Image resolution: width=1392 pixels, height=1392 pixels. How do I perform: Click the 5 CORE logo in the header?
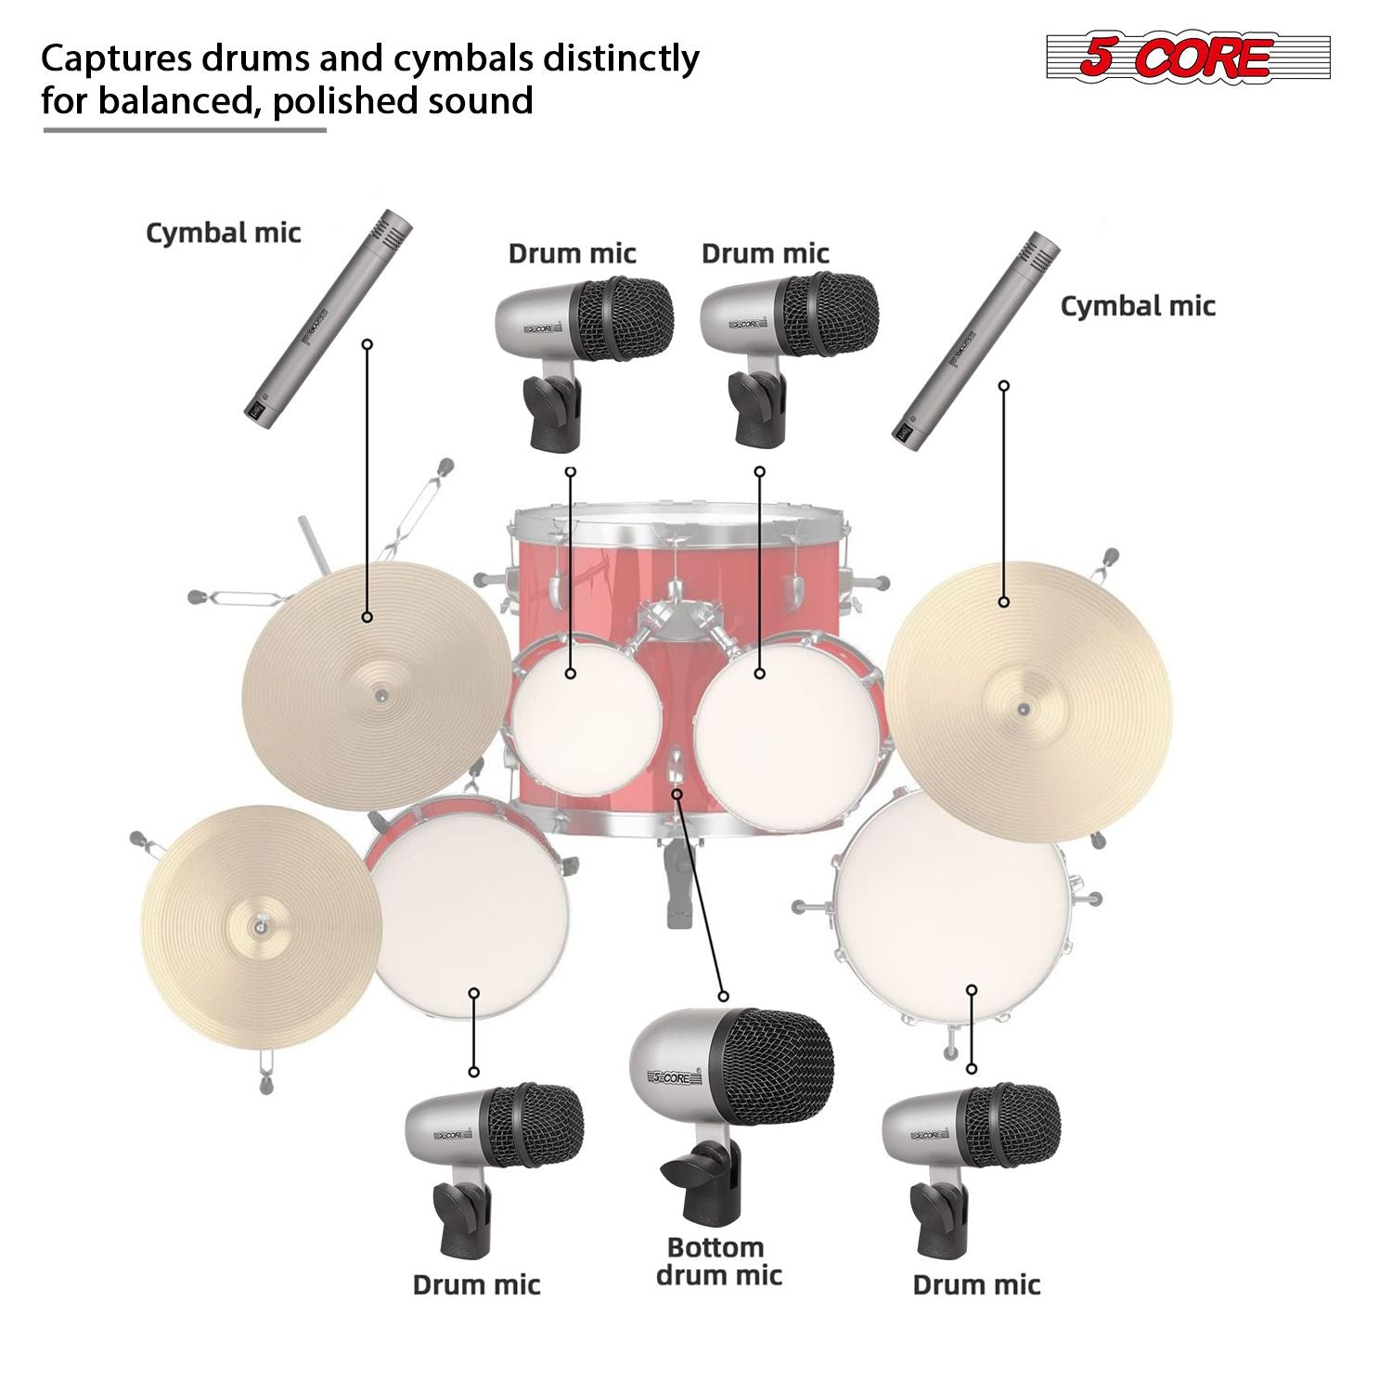[1188, 58]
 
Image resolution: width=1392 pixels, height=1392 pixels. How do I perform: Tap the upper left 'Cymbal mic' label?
[224, 232]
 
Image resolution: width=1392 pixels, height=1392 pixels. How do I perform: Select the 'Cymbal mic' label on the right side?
[1138, 305]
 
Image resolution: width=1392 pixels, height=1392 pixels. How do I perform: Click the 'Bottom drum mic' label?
[718, 1261]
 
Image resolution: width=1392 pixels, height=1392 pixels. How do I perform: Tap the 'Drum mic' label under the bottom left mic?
[476, 1284]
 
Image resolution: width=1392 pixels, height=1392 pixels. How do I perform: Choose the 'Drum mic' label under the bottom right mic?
[976, 1284]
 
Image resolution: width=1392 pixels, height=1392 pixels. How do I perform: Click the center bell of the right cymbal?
[1023, 709]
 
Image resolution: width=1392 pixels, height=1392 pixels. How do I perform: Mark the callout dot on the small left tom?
[571, 673]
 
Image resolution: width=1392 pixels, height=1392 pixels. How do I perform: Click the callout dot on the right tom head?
[759, 673]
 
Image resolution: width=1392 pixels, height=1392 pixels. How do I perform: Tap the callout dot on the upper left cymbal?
[367, 616]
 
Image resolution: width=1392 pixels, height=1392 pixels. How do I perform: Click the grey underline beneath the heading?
[185, 130]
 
